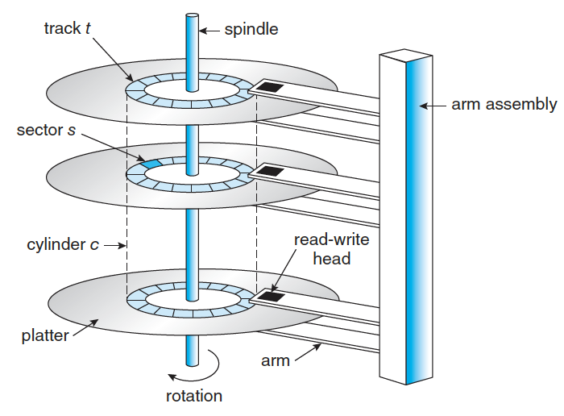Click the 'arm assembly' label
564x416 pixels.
(503, 105)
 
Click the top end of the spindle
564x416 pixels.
(192, 16)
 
